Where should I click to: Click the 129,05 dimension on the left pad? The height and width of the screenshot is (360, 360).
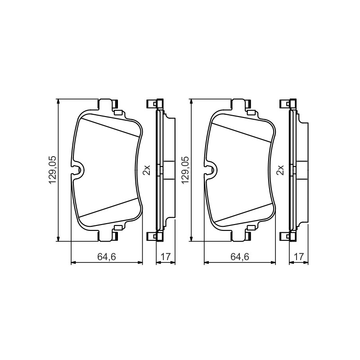pos(52,170)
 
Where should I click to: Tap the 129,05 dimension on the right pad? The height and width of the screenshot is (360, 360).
pos(185,170)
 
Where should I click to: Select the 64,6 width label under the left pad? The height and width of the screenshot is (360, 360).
pos(107,256)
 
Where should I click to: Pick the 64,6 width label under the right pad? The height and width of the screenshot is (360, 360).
pos(240,256)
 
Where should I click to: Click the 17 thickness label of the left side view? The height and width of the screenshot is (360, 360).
pos(166,256)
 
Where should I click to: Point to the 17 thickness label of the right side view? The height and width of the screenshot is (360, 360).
pos(299,256)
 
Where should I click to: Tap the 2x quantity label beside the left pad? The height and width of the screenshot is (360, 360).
pos(147,170)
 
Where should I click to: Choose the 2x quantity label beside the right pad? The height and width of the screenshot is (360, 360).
pos(280,170)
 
